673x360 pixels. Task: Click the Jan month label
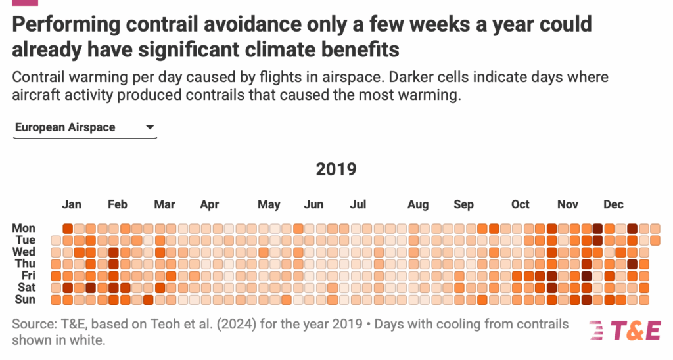[72, 204]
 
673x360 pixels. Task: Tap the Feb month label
[118, 204]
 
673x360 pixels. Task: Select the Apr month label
[209, 204]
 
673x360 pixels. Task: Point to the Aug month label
[418, 204]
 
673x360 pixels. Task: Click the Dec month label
[613, 204]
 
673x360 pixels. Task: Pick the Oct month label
[520, 204]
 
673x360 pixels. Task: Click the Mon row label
[24, 228]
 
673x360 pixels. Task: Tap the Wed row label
[24, 252]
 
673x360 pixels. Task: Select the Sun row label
[24, 300]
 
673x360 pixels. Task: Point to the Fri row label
[28, 276]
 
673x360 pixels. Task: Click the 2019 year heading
[336, 169]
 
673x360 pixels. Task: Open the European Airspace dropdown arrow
[150, 127]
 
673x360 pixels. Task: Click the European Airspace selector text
[65, 127]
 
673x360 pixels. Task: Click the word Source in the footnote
[33, 324]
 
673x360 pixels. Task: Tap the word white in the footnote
[89, 341]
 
